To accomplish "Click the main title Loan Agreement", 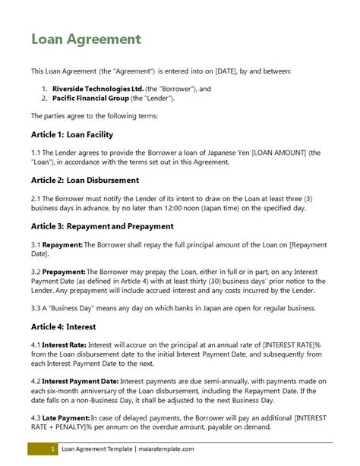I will (84, 39).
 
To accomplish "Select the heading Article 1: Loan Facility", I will (71, 135).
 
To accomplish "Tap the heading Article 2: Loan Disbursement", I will (84, 181).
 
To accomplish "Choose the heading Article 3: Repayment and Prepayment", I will (103, 226).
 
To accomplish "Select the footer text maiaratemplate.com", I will (163, 450).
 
